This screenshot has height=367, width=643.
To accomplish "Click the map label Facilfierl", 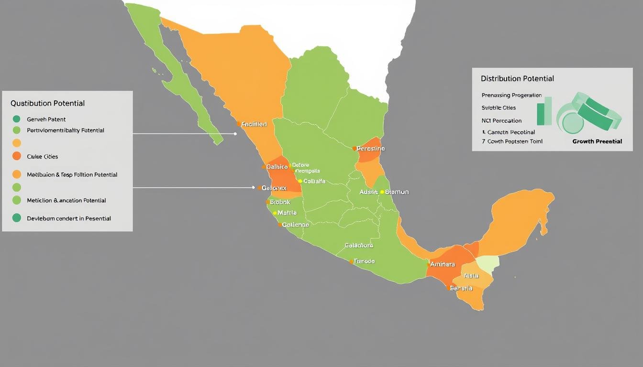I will click(x=254, y=124).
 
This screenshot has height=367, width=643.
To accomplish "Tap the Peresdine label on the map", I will click(x=371, y=149).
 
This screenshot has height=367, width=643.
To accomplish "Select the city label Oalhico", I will click(x=277, y=167).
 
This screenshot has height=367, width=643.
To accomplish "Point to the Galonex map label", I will click(x=274, y=188).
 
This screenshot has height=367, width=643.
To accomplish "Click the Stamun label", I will click(x=397, y=192).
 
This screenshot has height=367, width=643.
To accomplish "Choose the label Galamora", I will click(x=358, y=245).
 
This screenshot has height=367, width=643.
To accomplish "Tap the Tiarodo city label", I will click(x=364, y=261).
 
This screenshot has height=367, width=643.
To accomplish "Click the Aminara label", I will click(x=443, y=264).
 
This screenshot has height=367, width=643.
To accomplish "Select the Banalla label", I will click(x=461, y=288).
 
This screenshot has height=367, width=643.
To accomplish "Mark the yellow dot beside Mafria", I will click(x=275, y=213).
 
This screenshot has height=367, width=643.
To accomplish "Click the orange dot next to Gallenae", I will click(x=280, y=225).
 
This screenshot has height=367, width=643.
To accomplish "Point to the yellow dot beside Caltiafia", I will click(x=300, y=181).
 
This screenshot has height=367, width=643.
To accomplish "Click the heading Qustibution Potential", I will click(x=47, y=103).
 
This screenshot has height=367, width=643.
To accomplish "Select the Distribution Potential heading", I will click(x=517, y=78).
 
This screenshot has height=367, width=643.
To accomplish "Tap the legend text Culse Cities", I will click(x=42, y=156).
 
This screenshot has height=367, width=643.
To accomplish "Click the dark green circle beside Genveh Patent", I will click(x=17, y=119).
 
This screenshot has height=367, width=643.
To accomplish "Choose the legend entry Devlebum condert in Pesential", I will click(x=68, y=218).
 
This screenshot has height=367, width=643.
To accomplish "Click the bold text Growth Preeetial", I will click(x=597, y=141).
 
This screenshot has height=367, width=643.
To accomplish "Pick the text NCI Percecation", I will click(x=501, y=120).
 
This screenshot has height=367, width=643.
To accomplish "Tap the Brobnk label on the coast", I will click(x=280, y=202).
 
